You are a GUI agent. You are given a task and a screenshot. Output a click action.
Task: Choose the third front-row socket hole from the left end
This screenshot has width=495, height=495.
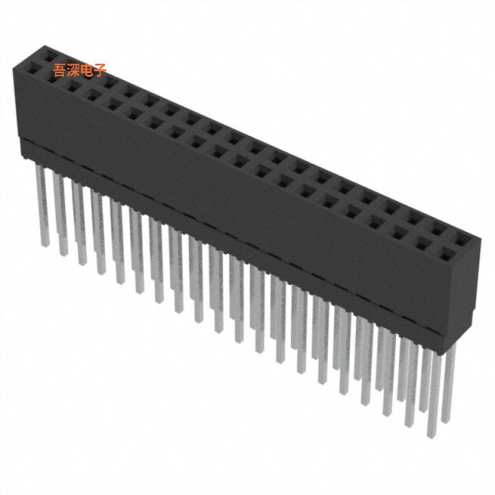tap(75, 88)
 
